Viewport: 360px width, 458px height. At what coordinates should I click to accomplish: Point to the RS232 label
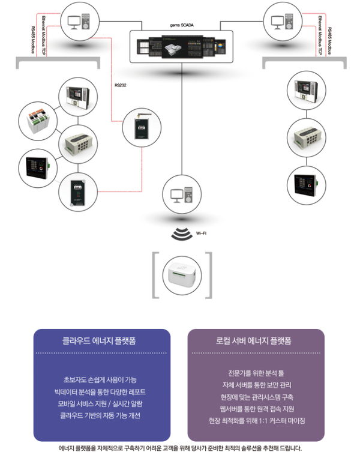click(121, 85)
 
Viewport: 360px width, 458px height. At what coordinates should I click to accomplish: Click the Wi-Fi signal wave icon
click(181, 233)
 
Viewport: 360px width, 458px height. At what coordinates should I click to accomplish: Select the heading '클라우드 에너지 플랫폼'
click(103, 340)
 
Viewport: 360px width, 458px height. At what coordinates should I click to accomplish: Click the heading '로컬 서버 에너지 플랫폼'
click(256, 340)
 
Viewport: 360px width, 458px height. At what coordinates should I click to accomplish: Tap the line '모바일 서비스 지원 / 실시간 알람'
click(102, 403)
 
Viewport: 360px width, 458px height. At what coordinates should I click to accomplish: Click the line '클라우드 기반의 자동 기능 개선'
click(102, 415)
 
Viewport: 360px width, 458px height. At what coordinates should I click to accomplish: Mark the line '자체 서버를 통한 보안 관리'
click(256, 385)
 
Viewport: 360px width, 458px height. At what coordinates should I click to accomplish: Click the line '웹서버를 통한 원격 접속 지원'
click(256, 409)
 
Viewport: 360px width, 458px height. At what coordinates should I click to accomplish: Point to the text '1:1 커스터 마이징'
click(282, 421)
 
